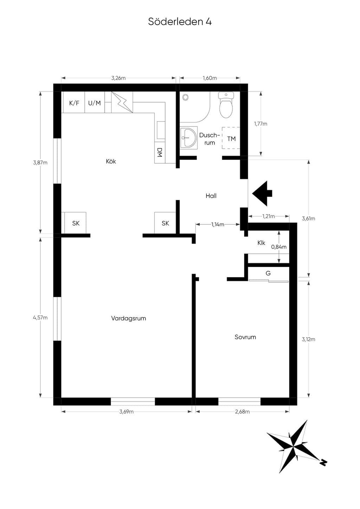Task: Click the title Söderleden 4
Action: (x=180, y=21)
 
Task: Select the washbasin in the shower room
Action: (x=189, y=137)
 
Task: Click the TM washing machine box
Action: (x=231, y=138)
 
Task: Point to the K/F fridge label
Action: (x=74, y=103)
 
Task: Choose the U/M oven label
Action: (x=94, y=103)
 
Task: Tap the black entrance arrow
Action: (x=262, y=194)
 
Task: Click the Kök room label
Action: (x=111, y=161)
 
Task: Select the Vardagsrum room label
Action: (x=128, y=318)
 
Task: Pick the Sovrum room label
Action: (x=245, y=337)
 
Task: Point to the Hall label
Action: (x=211, y=196)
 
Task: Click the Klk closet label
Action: (x=261, y=243)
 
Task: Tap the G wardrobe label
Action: (x=268, y=273)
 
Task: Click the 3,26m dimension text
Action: (x=118, y=78)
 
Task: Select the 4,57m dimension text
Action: (x=40, y=318)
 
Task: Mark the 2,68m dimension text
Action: (x=242, y=411)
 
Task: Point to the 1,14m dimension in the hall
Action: (x=218, y=224)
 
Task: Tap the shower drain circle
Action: (x=186, y=97)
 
